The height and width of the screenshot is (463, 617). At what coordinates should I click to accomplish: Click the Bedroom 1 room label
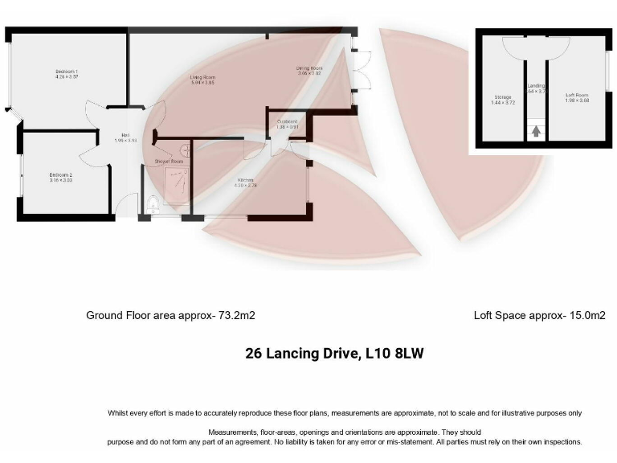pos(66,72)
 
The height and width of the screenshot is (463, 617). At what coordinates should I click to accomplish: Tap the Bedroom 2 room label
pos(61,174)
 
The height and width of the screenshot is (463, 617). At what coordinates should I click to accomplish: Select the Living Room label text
pos(202,77)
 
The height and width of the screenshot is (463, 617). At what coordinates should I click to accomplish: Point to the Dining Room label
pos(308,69)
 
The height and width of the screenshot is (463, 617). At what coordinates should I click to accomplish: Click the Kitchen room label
pos(245,180)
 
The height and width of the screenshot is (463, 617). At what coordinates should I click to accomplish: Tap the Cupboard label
pos(287,121)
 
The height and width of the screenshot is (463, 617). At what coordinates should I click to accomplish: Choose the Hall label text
pos(126,135)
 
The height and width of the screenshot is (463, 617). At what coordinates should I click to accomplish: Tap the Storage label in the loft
pos(503,96)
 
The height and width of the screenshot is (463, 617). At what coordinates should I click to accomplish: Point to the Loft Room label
pos(576,96)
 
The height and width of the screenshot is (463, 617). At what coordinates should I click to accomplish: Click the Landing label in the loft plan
pos(536,86)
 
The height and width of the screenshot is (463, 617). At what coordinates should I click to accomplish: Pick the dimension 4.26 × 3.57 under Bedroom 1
pos(66,79)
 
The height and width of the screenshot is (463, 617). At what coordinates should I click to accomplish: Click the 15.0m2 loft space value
pos(588,316)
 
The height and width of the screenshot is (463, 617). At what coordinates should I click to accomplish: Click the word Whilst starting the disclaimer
pos(119,413)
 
